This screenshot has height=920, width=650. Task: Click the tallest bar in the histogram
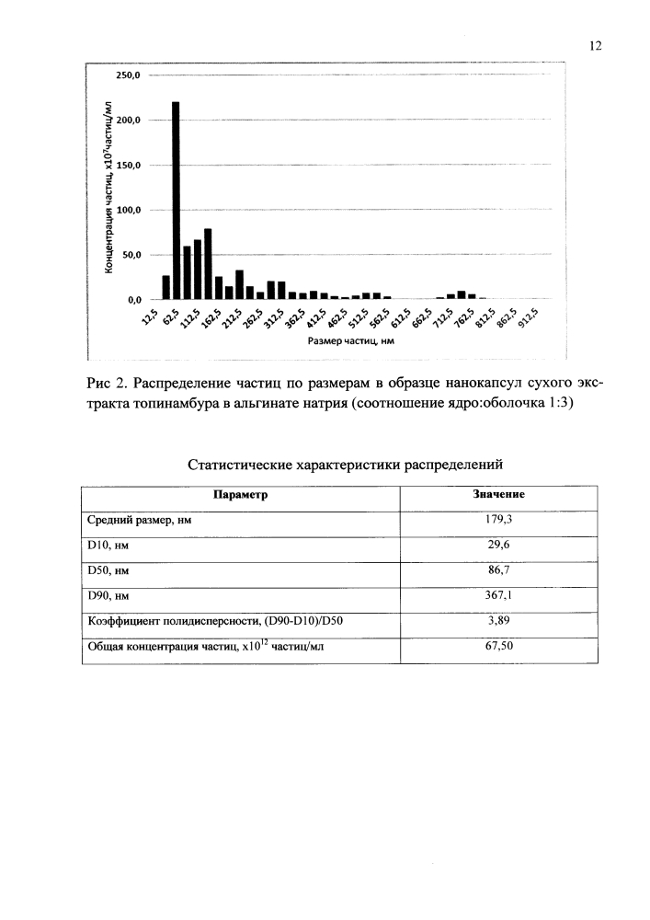coord(176,201)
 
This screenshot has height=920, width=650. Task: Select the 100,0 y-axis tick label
coord(126,210)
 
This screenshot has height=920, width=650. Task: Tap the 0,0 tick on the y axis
coord(131,300)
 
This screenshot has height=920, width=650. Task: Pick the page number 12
coord(595,47)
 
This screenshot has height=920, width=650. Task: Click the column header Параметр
coord(241,494)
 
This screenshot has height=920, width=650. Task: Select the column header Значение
coord(498,494)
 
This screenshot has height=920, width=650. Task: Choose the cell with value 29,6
coord(498,545)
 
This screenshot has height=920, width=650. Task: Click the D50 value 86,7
coord(498,570)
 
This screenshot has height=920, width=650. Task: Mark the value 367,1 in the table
coord(498,595)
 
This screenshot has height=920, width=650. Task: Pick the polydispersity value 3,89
coord(498,621)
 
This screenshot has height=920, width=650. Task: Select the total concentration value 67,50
coord(498,647)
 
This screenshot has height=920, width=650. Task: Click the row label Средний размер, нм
coord(139,520)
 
